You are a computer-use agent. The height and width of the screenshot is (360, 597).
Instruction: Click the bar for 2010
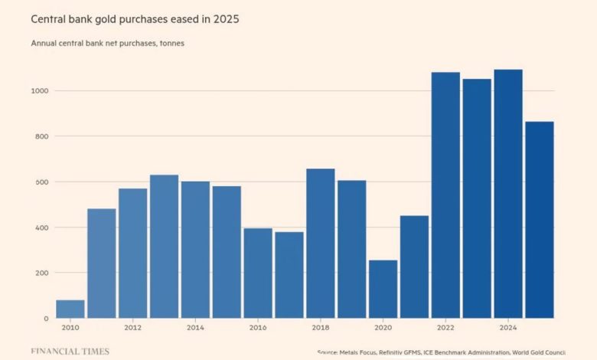pyautogui.click(x=70, y=309)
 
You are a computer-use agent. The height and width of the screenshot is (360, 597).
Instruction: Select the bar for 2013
pyautogui.click(x=164, y=247)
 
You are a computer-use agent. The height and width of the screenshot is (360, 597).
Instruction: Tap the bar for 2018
pyautogui.click(x=321, y=244)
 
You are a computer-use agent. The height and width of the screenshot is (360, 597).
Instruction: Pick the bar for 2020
pyautogui.click(x=383, y=289)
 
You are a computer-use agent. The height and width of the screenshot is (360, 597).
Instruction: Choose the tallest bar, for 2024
pyautogui.click(x=508, y=194)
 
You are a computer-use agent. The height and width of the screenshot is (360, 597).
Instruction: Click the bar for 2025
pyautogui.click(x=540, y=220)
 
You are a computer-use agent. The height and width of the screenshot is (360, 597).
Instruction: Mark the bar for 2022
pyautogui.click(x=446, y=195)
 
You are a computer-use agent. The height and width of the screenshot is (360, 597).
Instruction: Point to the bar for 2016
pyautogui.click(x=258, y=273)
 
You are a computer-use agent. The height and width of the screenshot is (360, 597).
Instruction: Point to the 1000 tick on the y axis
pyautogui.click(x=40, y=90)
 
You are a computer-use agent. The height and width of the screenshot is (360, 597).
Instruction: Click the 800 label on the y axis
pyautogui.click(x=42, y=136)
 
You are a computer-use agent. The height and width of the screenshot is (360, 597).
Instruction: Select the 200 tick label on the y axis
pyautogui.click(x=42, y=273)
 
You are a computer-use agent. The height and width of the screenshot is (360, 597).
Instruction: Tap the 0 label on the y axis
pyautogui.click(x=46, y=319)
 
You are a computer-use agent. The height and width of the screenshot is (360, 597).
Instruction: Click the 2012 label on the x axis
pyautogui.click(x=132, y=328)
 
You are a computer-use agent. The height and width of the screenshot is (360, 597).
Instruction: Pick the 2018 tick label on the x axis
pyautogui.click(x=321, y=328)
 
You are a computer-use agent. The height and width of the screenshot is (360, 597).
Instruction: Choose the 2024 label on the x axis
pyautogui.click(x=508, y=328)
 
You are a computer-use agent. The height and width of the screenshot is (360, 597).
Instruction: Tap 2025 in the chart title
pyautogui.click(x=226, y=19)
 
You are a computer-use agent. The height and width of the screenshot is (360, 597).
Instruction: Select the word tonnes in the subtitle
pyautogui.click(x=172, y=43)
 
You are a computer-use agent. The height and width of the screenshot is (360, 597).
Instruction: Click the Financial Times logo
pyautogui.click(x=70, y=352)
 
